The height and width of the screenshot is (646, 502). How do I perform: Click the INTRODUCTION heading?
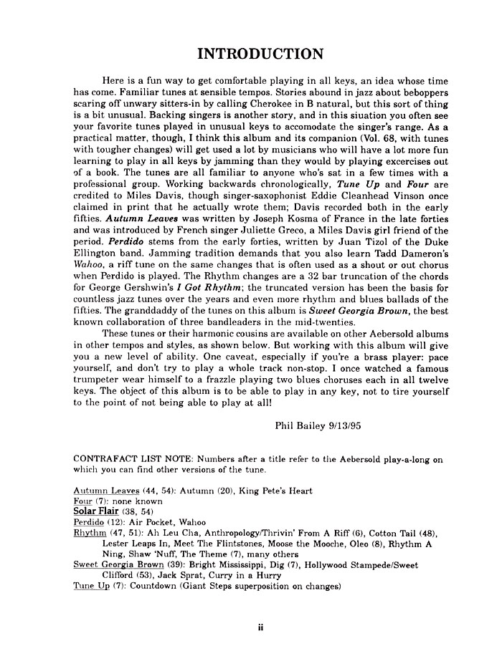click(251, 54)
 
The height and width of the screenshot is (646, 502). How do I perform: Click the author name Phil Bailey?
click(302, 425)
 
